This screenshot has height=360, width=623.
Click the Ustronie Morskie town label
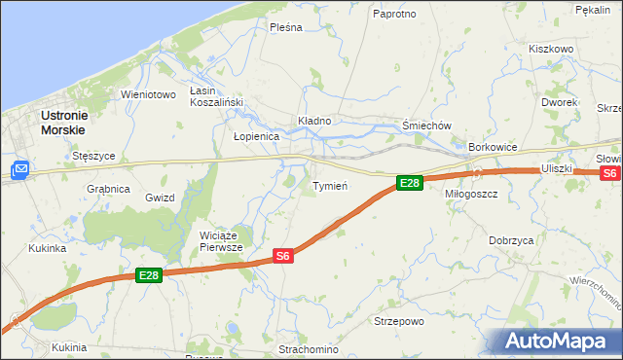tap(62, 122)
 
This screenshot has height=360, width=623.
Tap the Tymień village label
tap(330, 185)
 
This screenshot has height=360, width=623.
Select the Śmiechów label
tap(428, 126)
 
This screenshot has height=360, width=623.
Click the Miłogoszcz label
tap(471, 194)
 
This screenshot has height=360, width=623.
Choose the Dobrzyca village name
tap(511, 239)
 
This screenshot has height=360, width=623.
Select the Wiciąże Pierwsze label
tap(221, 240)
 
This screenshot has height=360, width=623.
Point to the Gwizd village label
tap(160, 198)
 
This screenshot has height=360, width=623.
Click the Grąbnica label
tap(108, 189)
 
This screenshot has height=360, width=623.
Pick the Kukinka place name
tap(47, 248)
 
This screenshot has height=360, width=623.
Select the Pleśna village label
tap(287, 27)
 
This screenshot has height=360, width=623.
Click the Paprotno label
tap(395, 14)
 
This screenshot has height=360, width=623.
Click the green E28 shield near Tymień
tap(410, 183)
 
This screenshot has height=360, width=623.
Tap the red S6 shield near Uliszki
tap(609, 173)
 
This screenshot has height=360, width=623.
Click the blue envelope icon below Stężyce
tap(19, 171)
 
